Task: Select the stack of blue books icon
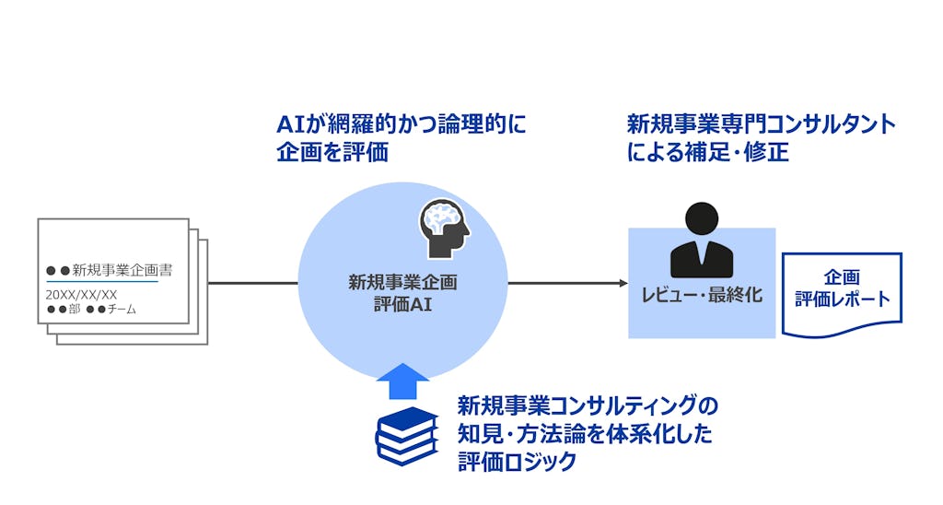(x=405, y=435)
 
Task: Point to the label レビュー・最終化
(x=702, y=297)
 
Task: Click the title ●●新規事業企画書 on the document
(x=110, y=271)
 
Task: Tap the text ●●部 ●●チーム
(x=91, y=310)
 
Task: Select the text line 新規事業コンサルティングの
(x=588, y=405)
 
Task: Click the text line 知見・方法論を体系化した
(x=585, y=434)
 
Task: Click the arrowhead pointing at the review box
(x=622, y=283)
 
